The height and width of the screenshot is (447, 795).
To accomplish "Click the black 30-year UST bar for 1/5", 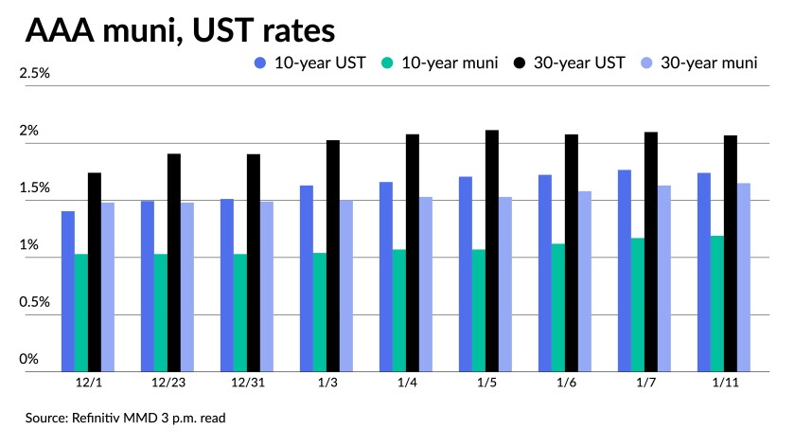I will pyautogui.click(x=492, y=251).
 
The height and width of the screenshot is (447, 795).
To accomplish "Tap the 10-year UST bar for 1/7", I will pyautogui.click(x=625, y=271).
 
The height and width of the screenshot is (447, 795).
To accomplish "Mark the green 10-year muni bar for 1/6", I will pyautogui.click(x=558, y=308).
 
